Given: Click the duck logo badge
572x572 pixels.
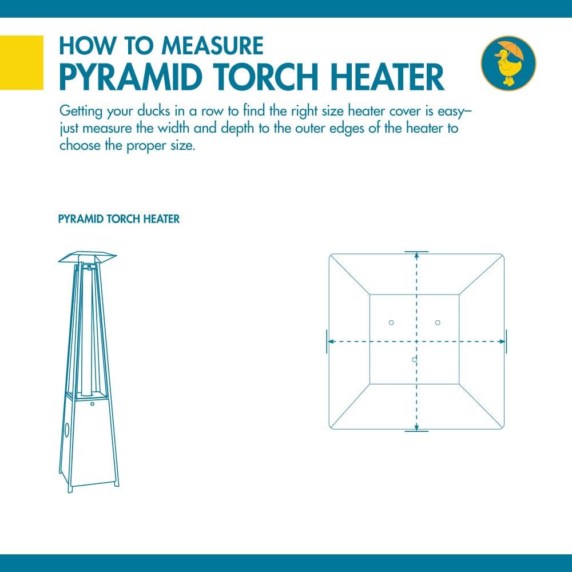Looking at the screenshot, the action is click(508, 63).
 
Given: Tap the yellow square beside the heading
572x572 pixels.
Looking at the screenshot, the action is click(22, 62).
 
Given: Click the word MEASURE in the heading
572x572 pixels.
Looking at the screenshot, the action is click(212, 46).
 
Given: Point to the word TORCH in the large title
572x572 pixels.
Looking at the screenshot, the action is click(267, 77).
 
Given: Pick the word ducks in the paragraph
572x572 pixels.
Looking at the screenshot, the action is click(153, 111).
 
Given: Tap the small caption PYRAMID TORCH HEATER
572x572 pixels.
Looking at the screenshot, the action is click(119, 219).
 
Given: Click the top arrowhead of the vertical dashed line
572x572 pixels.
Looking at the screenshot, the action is click(416, 255).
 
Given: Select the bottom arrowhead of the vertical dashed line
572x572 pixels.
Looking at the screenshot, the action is click(416, 427).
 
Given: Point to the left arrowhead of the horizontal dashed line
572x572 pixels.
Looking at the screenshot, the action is click(331, 341).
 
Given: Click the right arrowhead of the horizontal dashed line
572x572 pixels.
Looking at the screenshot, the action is click(502, 341).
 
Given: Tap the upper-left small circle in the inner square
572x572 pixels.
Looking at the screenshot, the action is click(391, 323).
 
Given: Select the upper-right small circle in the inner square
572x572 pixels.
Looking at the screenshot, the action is click(438, 323).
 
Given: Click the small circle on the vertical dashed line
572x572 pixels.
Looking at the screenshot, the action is click(414, 360).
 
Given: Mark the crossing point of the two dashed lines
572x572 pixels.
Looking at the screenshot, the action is click(416, 341).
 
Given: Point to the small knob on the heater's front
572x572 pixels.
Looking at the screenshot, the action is click(92, 404).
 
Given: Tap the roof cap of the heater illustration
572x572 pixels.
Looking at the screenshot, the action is click(88, 257).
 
